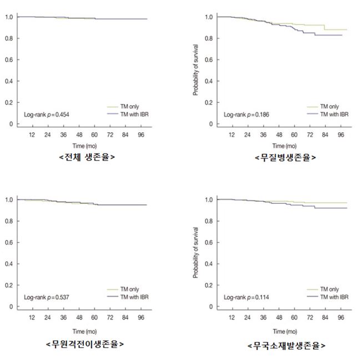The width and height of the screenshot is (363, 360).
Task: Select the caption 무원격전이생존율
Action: (84, 344)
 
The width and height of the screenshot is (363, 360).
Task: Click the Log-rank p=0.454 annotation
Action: (46, 114)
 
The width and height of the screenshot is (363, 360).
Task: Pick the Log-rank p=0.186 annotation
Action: (246, 114)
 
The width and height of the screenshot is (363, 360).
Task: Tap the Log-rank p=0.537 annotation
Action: (46, 297)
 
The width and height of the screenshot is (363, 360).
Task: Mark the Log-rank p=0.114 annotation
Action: (246, 297)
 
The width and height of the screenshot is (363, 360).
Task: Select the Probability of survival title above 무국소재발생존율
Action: (195, 252)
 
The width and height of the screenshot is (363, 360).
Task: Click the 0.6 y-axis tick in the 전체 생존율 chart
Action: (9, 60)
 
